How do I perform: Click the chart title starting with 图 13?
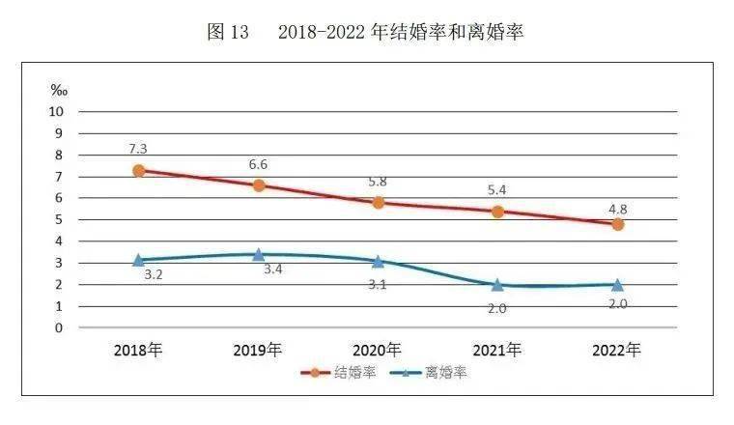point(366,33)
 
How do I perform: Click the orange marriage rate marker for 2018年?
point(139,170)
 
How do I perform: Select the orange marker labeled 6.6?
point(259,185)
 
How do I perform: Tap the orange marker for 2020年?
point(379,203)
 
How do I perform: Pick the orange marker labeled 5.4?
point(498,212)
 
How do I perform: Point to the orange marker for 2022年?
point(618,224)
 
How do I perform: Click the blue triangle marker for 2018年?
point(139,259)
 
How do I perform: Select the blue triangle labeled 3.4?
point(259,254)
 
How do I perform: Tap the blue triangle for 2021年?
point(498,284)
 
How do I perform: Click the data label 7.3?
point(139,149)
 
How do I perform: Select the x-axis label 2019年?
point(259,350)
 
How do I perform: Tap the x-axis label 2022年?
point(618,350)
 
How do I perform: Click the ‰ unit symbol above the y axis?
point(59,90)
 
